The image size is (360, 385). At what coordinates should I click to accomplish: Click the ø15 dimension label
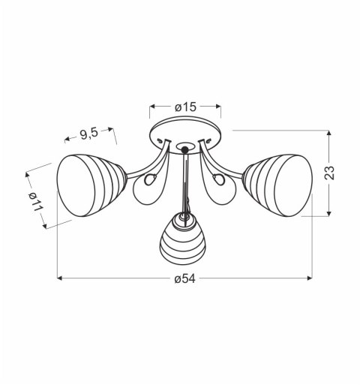pyautogui.click(x=185, y=107)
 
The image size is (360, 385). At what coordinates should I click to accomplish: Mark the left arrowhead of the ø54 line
pyautogui.click(x=60, y=278)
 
